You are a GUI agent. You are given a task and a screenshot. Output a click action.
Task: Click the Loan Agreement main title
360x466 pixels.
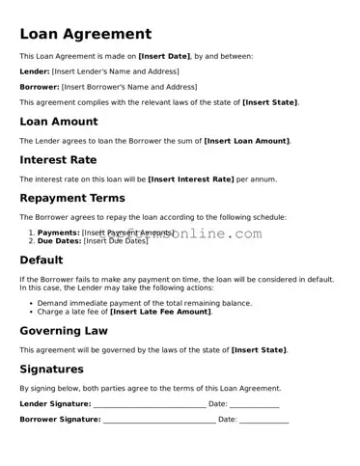85,35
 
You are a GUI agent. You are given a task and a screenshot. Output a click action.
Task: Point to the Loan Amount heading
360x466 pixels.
58,122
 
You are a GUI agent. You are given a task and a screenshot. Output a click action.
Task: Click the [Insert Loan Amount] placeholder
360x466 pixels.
246,141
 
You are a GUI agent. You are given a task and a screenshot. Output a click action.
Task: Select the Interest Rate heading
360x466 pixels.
58,160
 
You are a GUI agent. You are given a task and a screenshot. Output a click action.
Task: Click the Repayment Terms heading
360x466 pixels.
72,199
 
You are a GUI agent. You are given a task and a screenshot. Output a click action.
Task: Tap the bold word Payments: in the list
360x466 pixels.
58,233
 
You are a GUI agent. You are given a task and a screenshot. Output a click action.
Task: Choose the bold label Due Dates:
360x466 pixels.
59,241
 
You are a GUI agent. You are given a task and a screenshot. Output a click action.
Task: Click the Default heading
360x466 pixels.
42,260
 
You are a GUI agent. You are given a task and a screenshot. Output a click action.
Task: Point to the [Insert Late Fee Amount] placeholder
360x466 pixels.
160,312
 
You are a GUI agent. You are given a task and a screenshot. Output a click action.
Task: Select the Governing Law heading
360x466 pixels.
64,331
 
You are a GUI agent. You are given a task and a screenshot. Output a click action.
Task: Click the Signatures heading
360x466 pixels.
52,370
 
